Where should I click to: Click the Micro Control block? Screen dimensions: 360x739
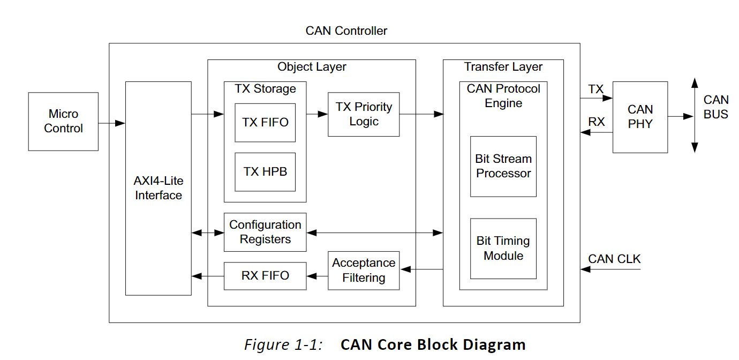(x=63, y=122)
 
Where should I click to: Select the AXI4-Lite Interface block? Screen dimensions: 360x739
(x=158, y=188)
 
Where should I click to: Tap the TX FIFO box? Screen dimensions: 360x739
(x=265, y=123)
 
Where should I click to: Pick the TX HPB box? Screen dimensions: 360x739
(x=265, y=172)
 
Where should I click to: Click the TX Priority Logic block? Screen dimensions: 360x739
(x=364, y=114)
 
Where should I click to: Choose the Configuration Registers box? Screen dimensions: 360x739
(x=265, y=232)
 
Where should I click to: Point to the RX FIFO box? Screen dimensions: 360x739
(x=265, y=276)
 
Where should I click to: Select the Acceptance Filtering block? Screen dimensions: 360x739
(x=364, y=271)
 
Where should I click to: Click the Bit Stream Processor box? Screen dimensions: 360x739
(x=503, y=166)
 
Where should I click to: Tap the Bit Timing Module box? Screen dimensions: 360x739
(x=503, y=249)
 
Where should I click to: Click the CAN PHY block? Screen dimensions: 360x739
(x=640, y=117)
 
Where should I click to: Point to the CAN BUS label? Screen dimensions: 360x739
(x=716, y=107)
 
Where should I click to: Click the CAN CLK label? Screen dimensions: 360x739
(x=614, y=259)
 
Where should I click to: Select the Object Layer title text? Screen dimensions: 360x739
(x=312, y=67)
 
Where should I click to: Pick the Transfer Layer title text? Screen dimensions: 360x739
(x=503, y=67)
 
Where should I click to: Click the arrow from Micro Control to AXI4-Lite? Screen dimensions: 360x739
(x=111, y=124)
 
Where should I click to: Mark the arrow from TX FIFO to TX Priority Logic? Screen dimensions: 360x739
(x=317, y=114)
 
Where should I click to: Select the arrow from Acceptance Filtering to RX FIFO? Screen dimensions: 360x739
(x=317, y=276)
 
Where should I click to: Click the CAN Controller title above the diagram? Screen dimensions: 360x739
(x=346, y=31)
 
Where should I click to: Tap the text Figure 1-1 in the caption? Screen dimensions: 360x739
(x=283, y=344)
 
